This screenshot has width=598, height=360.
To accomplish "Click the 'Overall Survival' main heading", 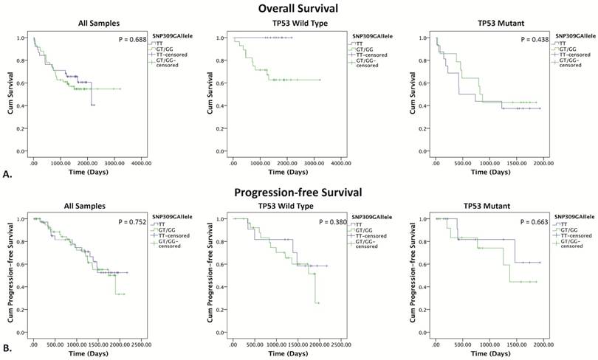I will pyautogui.click(x=299, y=8).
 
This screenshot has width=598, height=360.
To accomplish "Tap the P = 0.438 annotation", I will pyautogui.click(x=527, y=39).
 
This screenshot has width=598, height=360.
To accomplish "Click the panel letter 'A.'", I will pyautogui.click(x=7, y=175).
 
